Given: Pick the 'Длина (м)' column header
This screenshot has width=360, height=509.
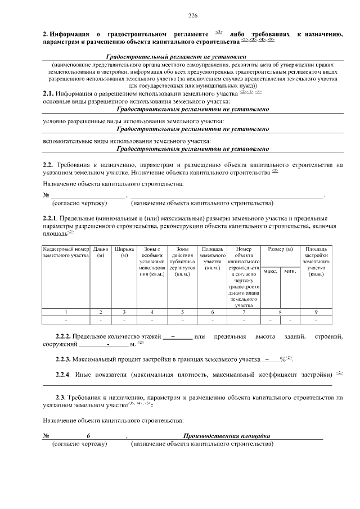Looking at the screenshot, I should (x=101, y=252).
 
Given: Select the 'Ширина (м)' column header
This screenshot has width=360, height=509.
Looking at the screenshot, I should (x=124, y=252).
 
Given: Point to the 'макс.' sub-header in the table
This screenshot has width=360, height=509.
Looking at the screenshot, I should (x=270, y=271).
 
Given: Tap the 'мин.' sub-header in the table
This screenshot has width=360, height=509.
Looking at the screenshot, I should (x=290, y=271).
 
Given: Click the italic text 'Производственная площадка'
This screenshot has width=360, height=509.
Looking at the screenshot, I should (x=227, y=436).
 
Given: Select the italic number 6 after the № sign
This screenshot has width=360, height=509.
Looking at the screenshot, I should (x=88, y=436).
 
